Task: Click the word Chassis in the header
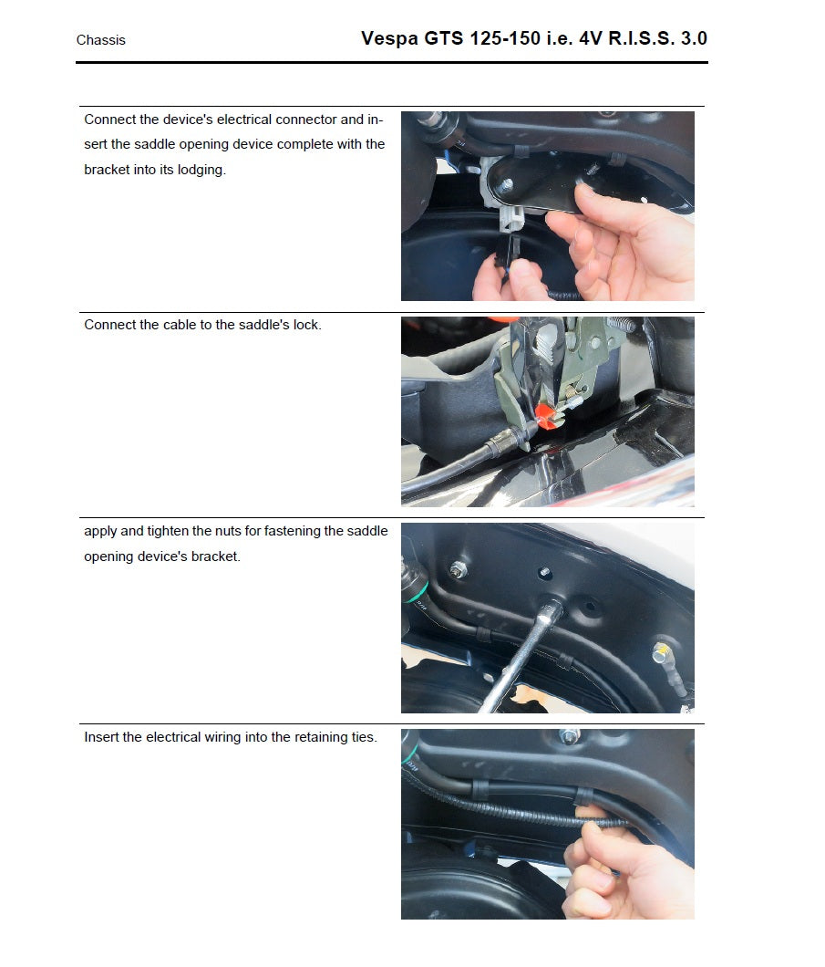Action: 100,40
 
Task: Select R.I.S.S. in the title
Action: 631,38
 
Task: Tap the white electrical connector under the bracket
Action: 511,220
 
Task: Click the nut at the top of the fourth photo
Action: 569,737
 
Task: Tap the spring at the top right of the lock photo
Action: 620,326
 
